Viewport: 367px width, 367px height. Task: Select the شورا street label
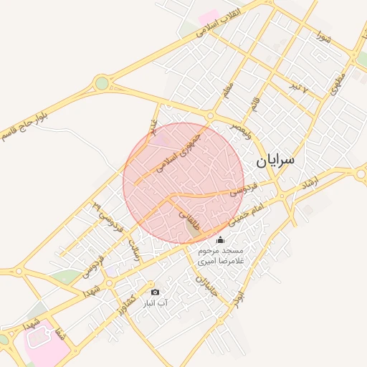coord(323,34)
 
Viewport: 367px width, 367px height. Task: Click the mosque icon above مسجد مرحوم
coord(220,239)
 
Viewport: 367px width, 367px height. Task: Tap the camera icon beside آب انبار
coord(155,292)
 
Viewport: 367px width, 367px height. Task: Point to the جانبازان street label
coord(206,286)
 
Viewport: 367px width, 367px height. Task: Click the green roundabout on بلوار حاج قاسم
coord(102,83)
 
